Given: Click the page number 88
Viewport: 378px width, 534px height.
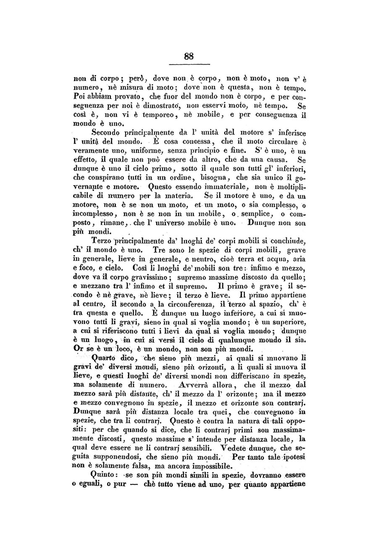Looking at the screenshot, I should (x=189, y=56).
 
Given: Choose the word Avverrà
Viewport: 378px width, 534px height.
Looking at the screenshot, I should (x=196, y=384).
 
